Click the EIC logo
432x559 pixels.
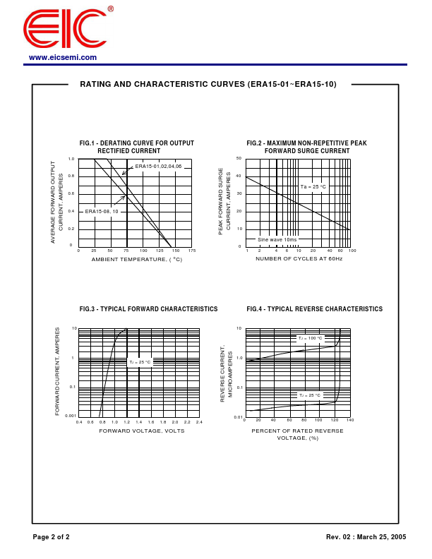coord(65,30)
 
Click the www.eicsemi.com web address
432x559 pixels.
coord(63,58)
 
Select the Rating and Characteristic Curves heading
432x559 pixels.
coord(208,84)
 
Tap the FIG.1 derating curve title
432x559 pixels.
coord(136,147)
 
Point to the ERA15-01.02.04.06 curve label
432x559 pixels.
coord(159,166)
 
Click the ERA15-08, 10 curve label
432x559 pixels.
coord(102,211)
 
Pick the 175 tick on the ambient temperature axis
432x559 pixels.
coord(192,251)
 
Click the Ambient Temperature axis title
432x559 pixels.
coord(136,260)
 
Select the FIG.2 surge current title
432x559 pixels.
coord(306,147)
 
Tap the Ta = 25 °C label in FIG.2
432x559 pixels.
coord(313,186)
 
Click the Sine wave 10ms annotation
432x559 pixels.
coord(277,239)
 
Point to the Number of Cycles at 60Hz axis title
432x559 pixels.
coord(299,259)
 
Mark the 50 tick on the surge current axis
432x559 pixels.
coord(239,158)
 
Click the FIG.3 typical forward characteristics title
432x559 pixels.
coord(148,309)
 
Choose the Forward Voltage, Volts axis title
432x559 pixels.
coord(141,431)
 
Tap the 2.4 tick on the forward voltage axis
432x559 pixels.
coord(199,422)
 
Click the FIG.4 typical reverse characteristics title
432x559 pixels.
coord(314,309)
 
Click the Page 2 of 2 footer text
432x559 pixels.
coord(51,537)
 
